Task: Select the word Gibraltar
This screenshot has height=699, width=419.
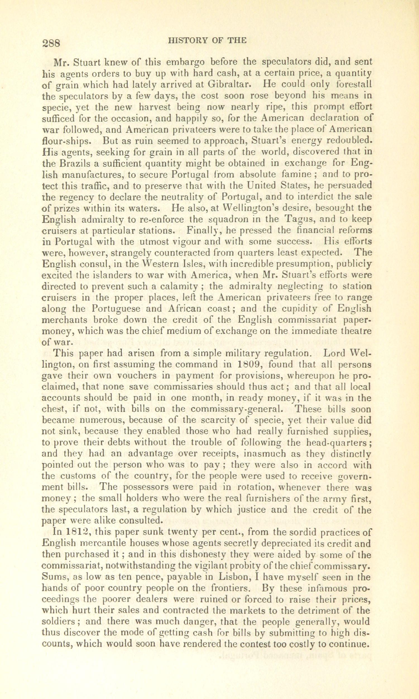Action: pyautogui.click(x=228, y=84)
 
